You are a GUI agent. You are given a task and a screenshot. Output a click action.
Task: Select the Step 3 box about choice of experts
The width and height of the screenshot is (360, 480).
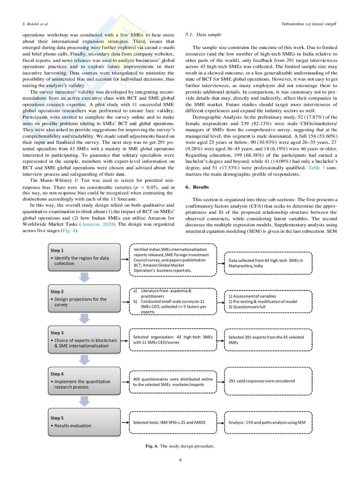[x=84, y=339]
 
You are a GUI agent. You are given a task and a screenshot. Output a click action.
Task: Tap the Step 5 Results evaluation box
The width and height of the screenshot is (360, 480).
[x=84, y=422]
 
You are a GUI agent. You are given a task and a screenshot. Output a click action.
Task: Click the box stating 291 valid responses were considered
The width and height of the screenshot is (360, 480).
[x=268, y=381]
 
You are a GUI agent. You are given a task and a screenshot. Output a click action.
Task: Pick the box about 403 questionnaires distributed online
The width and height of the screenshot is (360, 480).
[x=173, y=382]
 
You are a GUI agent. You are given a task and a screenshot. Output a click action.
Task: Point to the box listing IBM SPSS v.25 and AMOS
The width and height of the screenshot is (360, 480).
[x=173, y=422]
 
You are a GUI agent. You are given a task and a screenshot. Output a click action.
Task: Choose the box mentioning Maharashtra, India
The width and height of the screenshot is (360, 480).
[x=268, y=263]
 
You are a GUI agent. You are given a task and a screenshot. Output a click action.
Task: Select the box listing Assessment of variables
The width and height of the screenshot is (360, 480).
[x=268, y=301]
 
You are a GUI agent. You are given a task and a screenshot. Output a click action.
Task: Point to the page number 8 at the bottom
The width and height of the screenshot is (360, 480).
[x=180, y=460]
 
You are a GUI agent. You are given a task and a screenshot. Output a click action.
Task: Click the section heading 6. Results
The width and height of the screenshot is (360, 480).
[x=197, y=187]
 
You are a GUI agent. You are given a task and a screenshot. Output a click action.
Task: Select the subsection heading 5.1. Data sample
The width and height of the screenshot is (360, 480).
[x=203, y=34]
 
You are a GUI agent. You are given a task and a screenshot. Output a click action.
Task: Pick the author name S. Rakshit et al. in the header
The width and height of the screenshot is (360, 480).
[x=35, y=24]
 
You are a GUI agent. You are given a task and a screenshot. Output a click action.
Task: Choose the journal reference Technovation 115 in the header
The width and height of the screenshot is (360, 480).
[x=309, y=24]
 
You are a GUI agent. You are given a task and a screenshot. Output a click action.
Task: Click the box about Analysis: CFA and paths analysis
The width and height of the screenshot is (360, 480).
[x=268, y=422]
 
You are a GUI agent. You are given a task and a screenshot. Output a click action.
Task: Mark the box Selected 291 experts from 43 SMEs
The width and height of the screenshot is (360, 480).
[x=268, y=340]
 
